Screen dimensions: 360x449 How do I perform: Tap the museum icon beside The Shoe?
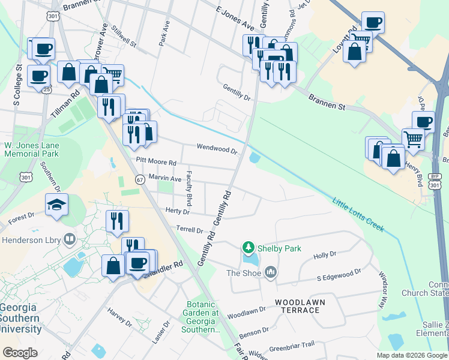tap(271, 273)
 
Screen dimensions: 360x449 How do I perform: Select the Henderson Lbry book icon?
tap(70, 240)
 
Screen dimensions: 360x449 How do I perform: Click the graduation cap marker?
tap(56, 205)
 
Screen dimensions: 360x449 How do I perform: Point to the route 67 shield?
tap(139, 179)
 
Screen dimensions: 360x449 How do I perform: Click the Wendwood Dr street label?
tap(217, 148)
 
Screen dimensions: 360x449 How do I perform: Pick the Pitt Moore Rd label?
tap(155, 162)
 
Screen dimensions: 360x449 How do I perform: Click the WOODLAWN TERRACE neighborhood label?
tap(297, 305)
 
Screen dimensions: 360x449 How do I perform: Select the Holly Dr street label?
tap(325, 255)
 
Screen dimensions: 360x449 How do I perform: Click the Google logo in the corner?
tap(20, 353)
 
